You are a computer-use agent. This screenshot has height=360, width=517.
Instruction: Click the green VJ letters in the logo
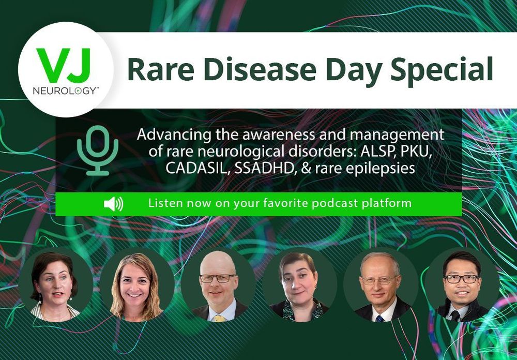[x=64, y=65]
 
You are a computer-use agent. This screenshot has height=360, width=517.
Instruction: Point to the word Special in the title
[x=442, y=71]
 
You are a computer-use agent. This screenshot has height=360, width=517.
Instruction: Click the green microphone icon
[x=98, y=150]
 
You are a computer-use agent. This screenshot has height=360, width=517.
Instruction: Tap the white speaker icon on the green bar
[x=113, y=204]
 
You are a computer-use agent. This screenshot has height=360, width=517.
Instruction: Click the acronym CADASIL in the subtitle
[x=194, y=168]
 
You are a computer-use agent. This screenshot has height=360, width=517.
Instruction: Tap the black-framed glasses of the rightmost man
[x=461, y=279]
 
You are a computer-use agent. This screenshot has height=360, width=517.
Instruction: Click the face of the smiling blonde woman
[x=134, y=284]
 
